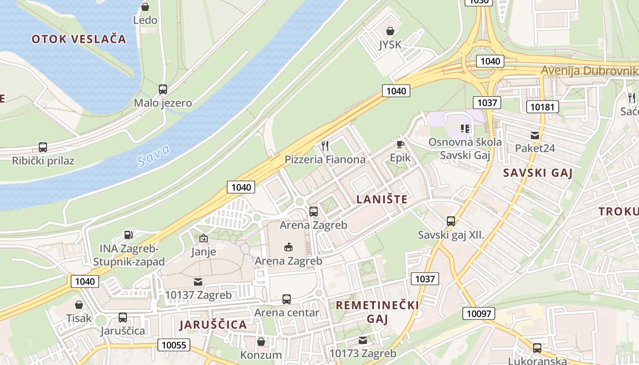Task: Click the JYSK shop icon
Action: (390, 31)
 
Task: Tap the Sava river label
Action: (153, 155)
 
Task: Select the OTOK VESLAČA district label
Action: (79, 39)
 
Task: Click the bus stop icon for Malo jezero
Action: (163, 89)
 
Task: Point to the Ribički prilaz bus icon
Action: (43, 147)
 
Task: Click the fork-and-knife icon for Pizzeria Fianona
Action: (325, 146)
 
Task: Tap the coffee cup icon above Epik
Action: (400, 145)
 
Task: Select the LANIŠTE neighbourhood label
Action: (382, 199)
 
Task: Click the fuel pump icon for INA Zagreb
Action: (129, 235)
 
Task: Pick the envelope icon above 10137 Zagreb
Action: (198, 282)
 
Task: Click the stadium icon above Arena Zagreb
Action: (288, 247)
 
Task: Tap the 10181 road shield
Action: (542, 107)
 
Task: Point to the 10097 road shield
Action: (478, 313)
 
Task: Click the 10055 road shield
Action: (174, 345)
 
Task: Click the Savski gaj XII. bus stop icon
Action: (451, 221)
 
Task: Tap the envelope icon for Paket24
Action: (534, 136)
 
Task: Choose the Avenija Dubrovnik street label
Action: (589, 71)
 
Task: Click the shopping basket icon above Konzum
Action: (261, 341)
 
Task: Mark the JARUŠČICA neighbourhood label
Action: (213, 325)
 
